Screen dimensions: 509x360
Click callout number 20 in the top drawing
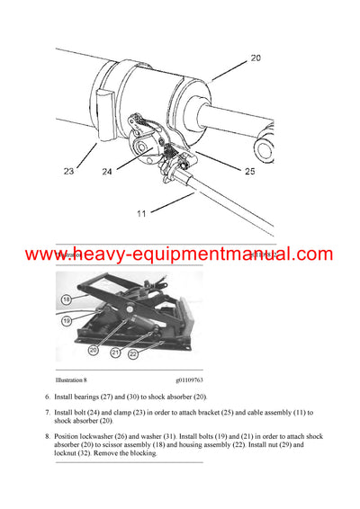click(x=255, y=57)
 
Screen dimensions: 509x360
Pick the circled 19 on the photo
click(x=67, y=319)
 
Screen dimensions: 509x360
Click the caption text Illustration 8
click(x=76, y=380)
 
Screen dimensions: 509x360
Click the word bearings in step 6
click(x=102, y=397)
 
